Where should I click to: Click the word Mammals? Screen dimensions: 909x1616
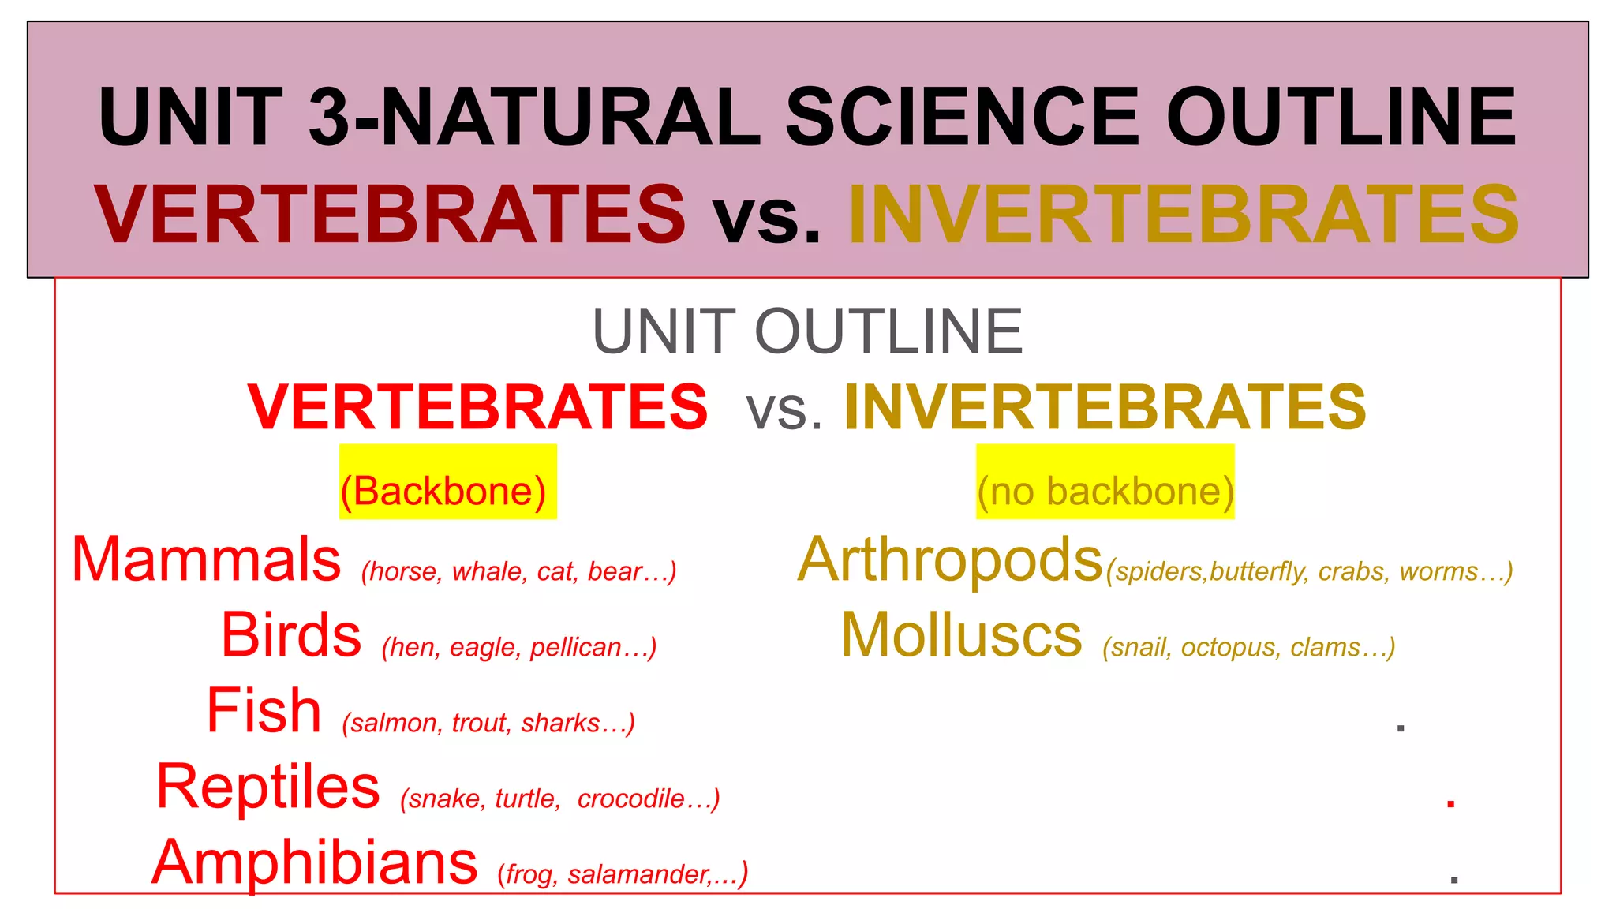[x=206, y=560]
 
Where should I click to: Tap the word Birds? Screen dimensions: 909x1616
[x=291, y=636]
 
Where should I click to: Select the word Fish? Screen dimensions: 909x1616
[x=264, y=711]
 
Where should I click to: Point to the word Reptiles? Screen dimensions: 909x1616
[x=268, y=787]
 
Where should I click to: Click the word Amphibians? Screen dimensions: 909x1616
[x=315, y=862]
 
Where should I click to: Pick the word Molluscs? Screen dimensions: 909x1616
[x=961, y=636]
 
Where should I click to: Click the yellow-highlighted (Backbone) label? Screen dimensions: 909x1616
[x=443, y=492]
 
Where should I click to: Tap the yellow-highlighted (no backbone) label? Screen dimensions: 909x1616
[x=1105, y=492]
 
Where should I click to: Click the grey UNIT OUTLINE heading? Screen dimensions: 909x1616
[x=807, y=332]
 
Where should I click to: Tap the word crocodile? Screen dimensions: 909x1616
[x=630, y=799]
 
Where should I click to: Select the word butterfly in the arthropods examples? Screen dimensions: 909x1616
[x=1257, y=571]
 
